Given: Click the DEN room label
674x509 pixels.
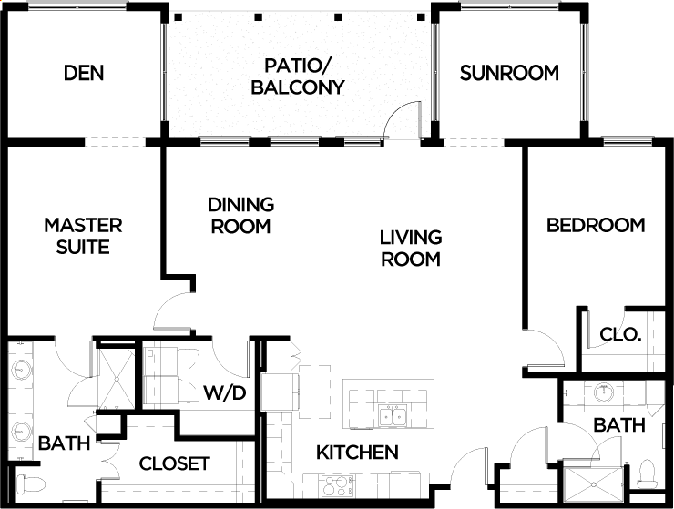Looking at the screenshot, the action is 84,73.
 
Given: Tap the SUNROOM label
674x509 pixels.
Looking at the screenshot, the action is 509,73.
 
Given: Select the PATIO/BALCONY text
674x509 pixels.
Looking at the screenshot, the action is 298,76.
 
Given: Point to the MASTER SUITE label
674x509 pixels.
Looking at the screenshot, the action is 83,236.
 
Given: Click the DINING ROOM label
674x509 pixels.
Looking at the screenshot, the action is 241,216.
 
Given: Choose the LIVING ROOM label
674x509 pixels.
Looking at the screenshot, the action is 411,248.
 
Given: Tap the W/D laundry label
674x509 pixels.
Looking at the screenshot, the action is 225,392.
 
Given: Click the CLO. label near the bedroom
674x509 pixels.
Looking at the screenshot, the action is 620,334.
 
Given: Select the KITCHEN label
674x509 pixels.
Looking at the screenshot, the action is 357,453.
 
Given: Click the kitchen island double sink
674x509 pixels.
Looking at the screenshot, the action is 393,416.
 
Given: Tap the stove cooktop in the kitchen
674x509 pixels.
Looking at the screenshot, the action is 338,485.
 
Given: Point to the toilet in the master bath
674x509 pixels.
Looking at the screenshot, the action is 31,484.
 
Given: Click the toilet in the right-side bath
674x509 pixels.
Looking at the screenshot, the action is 646,473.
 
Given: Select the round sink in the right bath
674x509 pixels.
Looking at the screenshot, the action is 604,392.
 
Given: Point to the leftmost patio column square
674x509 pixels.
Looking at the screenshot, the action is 179,17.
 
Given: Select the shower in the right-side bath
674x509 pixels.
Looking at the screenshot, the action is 593,484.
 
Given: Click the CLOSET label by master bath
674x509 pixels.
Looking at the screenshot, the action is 175,463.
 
